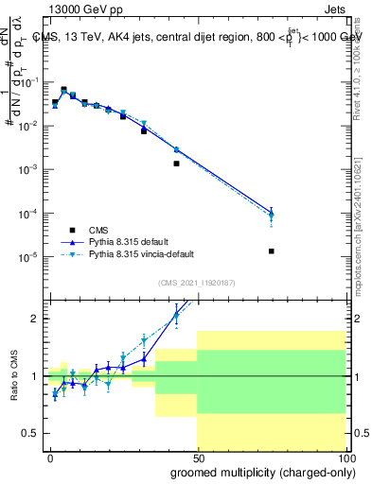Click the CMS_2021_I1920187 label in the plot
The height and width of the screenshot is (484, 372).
[x=197, y=282]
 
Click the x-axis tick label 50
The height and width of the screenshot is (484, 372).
[x=198, y=457]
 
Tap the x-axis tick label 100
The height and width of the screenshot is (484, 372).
[x=345, y=457]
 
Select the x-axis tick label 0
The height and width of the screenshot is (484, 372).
[x=50, y=457]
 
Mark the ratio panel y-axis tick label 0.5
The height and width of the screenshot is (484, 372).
[x=32, y=433]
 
